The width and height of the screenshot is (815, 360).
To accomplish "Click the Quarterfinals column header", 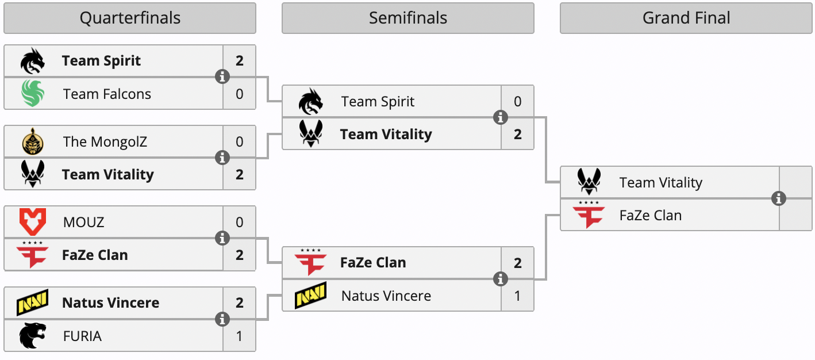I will (130, 18).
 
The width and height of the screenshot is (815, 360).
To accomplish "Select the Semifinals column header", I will (408, 18).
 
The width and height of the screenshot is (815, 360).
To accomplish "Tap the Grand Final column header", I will (686, 18).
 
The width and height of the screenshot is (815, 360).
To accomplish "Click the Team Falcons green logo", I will (33, 94).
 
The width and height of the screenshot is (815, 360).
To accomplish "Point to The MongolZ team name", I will (105, 142).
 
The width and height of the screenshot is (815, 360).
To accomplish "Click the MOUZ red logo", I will (33, 222).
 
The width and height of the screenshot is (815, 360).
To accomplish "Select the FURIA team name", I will (82, 336).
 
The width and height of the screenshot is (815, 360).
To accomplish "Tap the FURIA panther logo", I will (33, 336).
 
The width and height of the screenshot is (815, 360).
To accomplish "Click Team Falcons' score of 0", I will (240, 94).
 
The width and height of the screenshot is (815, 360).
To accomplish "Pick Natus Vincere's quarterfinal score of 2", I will (240, 302).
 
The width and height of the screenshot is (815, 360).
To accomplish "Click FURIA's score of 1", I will (240, 336).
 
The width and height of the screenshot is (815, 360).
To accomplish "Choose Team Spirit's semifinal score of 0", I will (518, 102).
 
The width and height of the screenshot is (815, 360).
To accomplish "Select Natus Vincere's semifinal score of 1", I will (518, 296).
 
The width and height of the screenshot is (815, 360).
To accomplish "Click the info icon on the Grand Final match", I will (779, 198).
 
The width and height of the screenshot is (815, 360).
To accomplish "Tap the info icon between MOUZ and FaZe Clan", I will (222, 238).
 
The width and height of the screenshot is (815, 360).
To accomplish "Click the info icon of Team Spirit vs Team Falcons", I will (222, 76).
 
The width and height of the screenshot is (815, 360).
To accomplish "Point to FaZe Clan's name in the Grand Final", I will (651, 216).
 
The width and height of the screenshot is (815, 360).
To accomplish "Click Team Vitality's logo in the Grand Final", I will (589, 182).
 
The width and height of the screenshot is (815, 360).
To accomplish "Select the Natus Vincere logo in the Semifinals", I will (311, 296).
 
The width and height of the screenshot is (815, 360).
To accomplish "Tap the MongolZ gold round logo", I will (33, 141).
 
